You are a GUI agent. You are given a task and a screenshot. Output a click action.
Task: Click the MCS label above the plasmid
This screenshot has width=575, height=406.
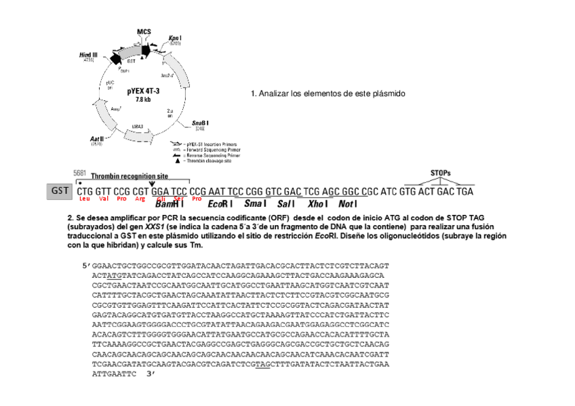[144, 31]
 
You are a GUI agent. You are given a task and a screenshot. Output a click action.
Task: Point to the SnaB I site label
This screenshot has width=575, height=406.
[199, 122]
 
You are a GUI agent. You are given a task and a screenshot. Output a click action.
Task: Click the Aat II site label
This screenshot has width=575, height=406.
[96, 138]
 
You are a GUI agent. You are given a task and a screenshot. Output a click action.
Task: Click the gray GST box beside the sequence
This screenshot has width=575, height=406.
[60, 190]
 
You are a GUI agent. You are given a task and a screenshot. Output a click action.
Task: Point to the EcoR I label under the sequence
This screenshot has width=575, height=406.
[220, 203]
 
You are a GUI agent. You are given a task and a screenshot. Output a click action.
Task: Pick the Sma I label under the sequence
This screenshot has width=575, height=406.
[254, 203]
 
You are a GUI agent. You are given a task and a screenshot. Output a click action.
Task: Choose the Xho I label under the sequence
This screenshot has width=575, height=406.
[319, 203]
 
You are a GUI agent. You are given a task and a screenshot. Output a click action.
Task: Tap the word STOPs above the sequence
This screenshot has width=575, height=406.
[441, 173]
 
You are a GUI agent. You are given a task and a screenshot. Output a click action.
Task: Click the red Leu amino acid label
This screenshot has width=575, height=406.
[84, 199]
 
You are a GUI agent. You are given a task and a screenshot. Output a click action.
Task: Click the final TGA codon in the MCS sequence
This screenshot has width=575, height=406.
[464, 191]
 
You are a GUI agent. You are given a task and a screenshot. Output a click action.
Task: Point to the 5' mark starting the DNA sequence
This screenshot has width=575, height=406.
[84, 267]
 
